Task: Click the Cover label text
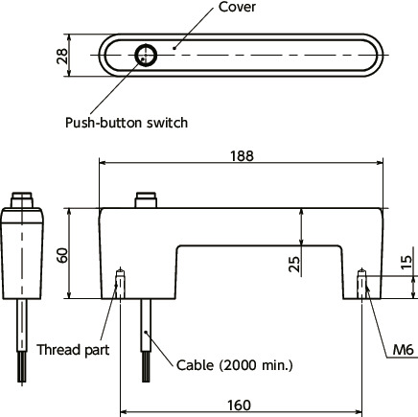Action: pyautogui.click(x=237, y=8)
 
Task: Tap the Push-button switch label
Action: pyautogui.click(x=127, y=123)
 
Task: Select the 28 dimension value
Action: pyautogui.click(x=62, y=56)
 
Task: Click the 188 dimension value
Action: pyautogui.click(x=242, y=156)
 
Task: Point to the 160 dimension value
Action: pyautogui.click(x=239, y=405)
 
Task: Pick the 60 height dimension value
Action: pyautogui.click(x=62, y=255)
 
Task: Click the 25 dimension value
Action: pyautogui.click(x=294, y=265)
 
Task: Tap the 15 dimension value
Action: pyautogui.click(x=406, y=263)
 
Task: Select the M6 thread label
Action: pyautogui.click(x=403, y=350)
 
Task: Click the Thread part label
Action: pyautogui.click(x=73, y=350)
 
